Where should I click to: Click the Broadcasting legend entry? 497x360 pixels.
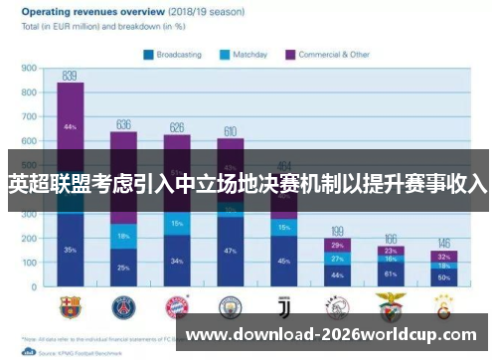coord(176,54)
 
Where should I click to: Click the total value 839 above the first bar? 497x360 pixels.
coord(70,76)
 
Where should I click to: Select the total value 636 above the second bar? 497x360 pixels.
coord(123,124)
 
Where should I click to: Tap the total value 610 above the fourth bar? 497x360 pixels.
coord(231,131)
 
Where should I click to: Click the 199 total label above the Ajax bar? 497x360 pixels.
coord(338,231)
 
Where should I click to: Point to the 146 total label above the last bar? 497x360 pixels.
coord(444,244)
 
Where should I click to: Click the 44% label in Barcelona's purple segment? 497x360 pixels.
coord(70,127)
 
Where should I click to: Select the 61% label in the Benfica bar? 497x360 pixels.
coord(391,273)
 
